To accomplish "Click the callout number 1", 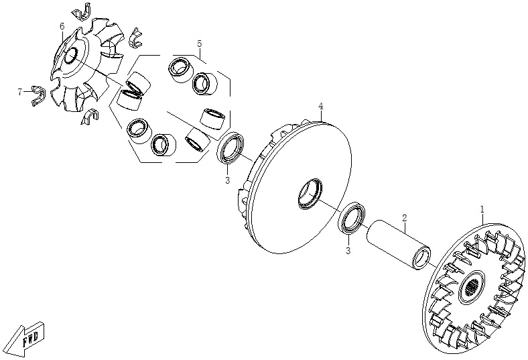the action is [x=482, y=209].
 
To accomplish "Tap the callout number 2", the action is [x=405, y=218].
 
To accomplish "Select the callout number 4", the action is [x=321, y=107].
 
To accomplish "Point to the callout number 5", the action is [x=200, y=44].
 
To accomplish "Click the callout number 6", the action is [x=62, y=26].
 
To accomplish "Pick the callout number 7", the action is [x=20, y=92].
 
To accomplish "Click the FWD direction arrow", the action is [x=25, y=339].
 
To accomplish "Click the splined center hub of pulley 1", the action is [x=472, y=286].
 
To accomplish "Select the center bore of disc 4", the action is [x=310, y=194].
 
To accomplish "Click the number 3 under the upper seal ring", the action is [x=227, y=180].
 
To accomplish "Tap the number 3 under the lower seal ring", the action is [x=348, y=251].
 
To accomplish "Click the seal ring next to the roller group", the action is [x=230, y=148].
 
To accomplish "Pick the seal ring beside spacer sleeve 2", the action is [x=352, y=217].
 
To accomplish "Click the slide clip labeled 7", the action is [x=38, y=97].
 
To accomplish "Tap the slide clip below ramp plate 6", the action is [x=90, y=117].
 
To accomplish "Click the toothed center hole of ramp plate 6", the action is [x=71, y=55].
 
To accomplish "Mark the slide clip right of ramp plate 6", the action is [x=136, y=38].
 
